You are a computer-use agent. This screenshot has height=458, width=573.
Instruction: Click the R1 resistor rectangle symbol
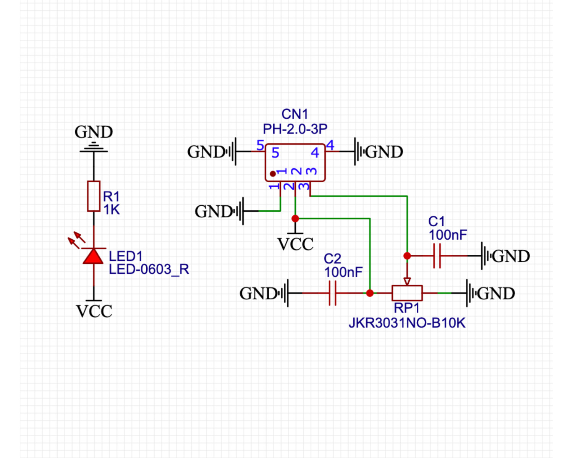tap(94, 196)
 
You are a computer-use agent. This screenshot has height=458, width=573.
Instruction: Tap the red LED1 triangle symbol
tap(94, 256)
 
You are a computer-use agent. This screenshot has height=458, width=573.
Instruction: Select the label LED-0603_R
tap(149, 269)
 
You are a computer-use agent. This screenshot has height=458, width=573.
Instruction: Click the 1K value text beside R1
tap(112, 210)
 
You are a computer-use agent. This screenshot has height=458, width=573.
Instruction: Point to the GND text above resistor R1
tap(94, 132)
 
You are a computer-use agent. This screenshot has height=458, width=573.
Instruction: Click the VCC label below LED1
tap(94, 311)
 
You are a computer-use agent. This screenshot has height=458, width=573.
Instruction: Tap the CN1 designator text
tap(295, 114)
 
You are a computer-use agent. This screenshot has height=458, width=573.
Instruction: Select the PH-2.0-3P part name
tap(295, 129)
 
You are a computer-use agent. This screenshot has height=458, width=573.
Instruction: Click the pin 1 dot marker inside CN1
tap(273, 174)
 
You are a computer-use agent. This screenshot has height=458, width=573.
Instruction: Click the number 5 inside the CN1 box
tap(275, 153)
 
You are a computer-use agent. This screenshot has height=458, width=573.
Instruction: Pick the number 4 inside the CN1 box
tap(315, 153)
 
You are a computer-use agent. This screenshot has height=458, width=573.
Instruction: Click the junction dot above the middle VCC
tap(295, 218)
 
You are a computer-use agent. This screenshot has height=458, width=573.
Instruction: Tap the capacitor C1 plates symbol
tap(437, 256)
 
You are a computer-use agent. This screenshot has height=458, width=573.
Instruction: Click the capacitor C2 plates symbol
tap(332, 293)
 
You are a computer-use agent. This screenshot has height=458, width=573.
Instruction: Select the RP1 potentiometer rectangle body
tap(407, 293)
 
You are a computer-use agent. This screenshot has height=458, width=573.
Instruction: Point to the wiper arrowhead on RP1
tap(407, 282)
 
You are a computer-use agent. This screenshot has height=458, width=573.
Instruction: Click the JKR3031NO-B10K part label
tap(407, 323)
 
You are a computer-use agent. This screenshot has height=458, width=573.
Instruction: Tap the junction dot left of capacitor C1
tap(407, 256)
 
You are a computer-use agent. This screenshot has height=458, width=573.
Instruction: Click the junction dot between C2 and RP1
tap(370, 293)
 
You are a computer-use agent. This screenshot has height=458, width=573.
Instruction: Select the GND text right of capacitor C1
tap(511, 256)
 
